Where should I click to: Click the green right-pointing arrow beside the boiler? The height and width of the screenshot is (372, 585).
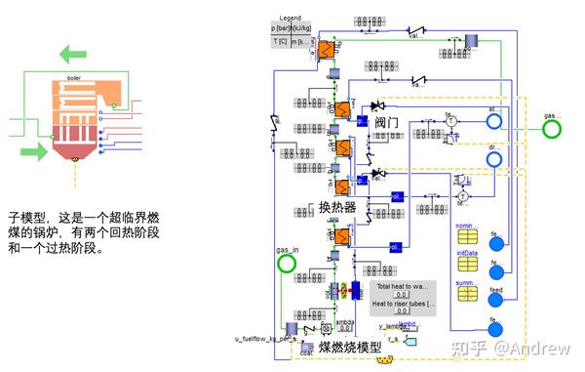(32, 151)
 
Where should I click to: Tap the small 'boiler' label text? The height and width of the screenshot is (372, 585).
(74, 77)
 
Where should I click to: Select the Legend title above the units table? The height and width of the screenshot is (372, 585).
(291, 19)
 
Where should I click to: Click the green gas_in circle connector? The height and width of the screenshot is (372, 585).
(287, 264)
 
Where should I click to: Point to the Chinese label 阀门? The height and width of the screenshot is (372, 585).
(374, 124)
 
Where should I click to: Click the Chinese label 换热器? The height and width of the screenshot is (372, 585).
(337, 207)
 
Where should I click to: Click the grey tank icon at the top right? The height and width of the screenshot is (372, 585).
(471, 40)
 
